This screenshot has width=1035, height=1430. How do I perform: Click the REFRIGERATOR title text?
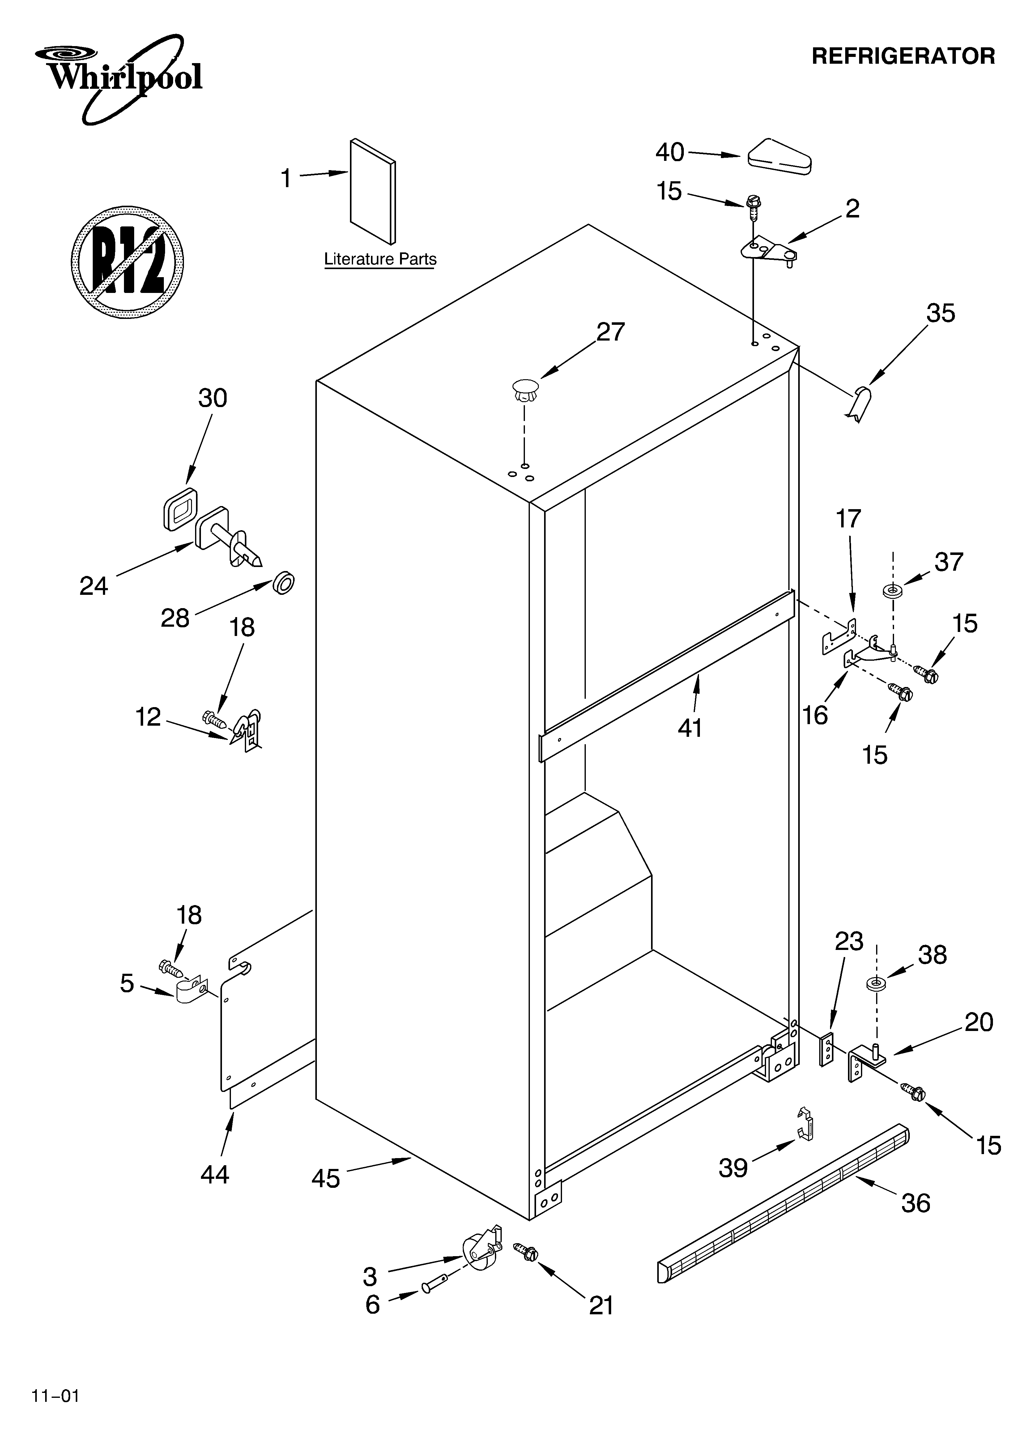[903, 56]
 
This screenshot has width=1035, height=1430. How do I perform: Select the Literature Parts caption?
[380, 259]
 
